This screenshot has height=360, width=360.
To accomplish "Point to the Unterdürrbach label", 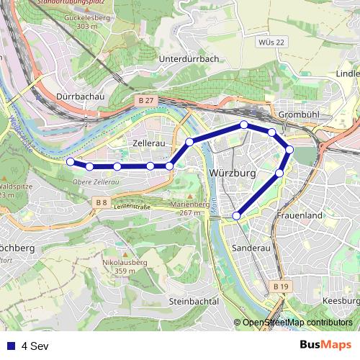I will click(x=188, y=59).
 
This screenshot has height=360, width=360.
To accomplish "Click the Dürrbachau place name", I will click(x=81, y=96).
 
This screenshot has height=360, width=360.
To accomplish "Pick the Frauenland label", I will click(x=300, y=215).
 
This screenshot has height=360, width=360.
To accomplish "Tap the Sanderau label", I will click(x=252, y=247).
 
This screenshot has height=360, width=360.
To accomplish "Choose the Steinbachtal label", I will click(x=193, y=301).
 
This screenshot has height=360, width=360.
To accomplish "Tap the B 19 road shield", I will click(x=281, y=287).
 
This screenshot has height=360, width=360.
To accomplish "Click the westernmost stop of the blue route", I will click(x=70, y=161).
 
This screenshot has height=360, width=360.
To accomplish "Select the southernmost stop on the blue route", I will click(x=236, y=215).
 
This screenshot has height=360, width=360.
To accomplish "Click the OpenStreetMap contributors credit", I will click(x=297, y=323).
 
